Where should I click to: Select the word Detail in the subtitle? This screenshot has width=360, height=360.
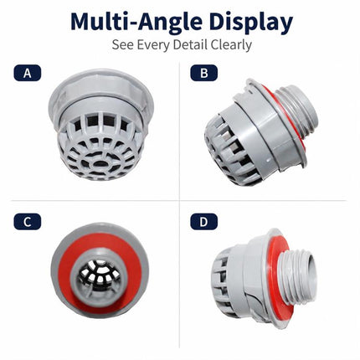(190, 44)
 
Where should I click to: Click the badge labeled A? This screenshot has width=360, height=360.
(28, 73)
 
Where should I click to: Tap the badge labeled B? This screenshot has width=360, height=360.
(204, 73)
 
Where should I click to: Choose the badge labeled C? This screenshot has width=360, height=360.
(28, 222)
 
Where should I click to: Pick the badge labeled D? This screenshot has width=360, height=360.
(204, 222)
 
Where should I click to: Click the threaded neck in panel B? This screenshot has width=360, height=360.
(300, 111)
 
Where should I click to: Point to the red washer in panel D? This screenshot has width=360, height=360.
(275, 279)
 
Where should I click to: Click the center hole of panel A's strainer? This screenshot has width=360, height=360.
(100, 163)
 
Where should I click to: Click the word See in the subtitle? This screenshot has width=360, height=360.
(123, 44)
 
